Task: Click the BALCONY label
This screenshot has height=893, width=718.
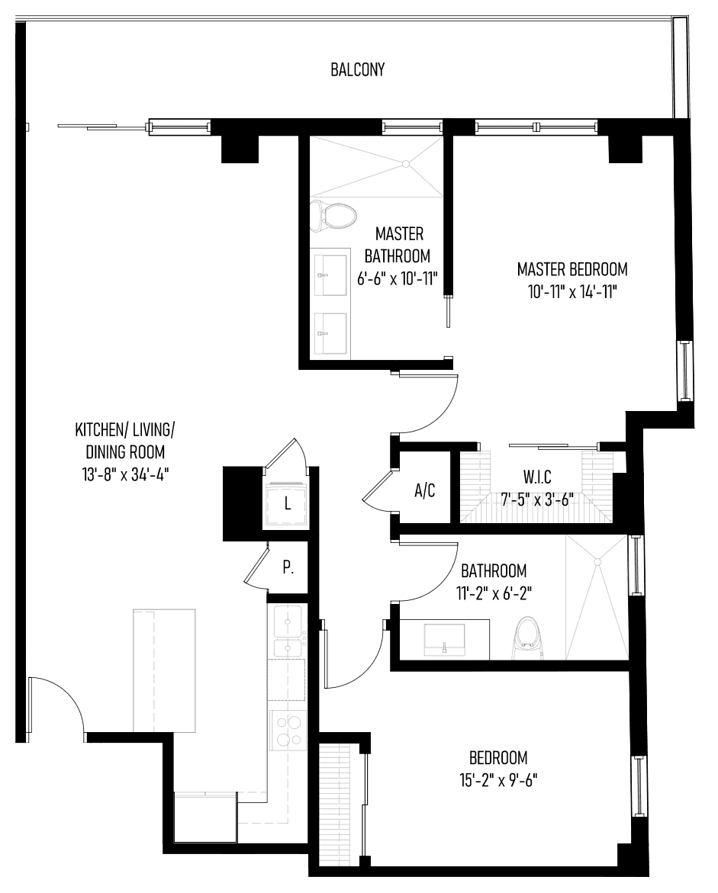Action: (357, 69)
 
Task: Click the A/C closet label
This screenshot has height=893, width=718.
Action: (424, 490)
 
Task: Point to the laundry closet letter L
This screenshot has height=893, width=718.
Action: (288, 503)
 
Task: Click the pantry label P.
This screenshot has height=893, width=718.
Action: (288, 567)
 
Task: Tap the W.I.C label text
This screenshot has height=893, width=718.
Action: (537, 476)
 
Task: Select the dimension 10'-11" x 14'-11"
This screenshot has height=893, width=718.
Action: (572, 292)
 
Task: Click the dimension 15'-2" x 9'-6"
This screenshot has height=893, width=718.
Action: (498, 779)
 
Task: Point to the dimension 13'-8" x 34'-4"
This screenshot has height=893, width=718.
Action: (125, 474)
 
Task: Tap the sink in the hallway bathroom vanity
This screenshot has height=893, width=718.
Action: (445, 639)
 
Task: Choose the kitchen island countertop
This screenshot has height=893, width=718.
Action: (164, 670)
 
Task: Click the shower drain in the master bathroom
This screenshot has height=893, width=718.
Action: (406, 164)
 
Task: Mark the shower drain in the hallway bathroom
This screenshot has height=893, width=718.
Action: (597, 562)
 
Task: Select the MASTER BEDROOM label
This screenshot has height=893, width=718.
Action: (572, 268)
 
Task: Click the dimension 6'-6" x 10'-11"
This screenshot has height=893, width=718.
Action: (398, 279)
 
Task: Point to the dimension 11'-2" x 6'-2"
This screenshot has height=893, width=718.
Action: (494, 593)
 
